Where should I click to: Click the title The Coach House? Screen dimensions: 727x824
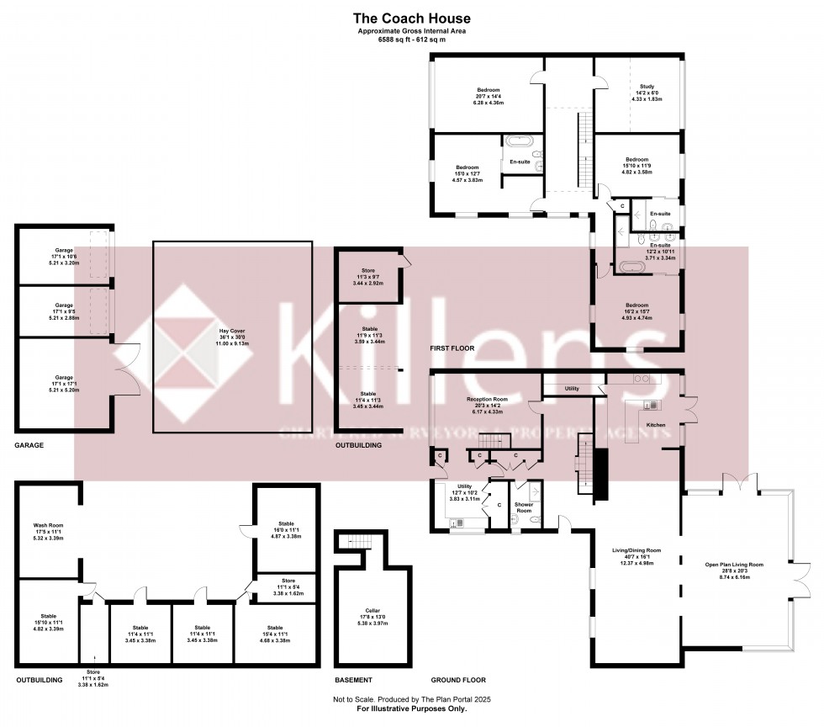411,18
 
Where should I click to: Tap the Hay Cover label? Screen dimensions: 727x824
233,331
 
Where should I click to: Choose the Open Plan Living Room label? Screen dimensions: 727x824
734,564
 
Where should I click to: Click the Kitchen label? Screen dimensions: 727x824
655,425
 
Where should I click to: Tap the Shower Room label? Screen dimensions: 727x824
524,507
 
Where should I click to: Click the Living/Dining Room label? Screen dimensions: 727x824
636,551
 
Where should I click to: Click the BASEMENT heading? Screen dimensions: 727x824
353,680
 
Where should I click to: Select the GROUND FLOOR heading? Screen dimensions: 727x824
458,680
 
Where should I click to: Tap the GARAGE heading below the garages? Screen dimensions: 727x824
29,445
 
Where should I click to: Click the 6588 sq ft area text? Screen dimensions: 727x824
411,39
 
